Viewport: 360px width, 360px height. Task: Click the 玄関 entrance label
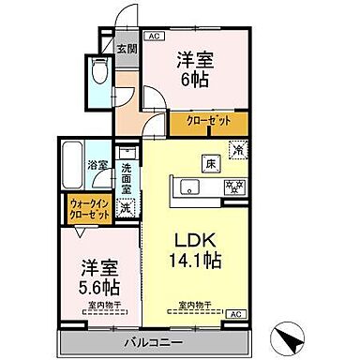pyautogui.click(x=127, y=49)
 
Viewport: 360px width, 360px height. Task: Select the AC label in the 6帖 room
pyautogui.click(x=155, y=37)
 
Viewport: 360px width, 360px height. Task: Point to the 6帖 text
pyautogui.click(x=195, y=79)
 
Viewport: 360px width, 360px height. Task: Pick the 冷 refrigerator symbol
pyautogui.click(x=237, y=150)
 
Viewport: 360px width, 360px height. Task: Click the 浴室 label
pyautogui.click(x=97, y=167)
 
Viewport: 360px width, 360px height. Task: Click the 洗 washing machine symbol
pyautogui.click(x=126, y=207)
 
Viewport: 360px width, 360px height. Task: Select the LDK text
pyautogui.click(x=192, y=239)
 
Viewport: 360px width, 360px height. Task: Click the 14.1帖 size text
pyautogui.click(x=192, y=261)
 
